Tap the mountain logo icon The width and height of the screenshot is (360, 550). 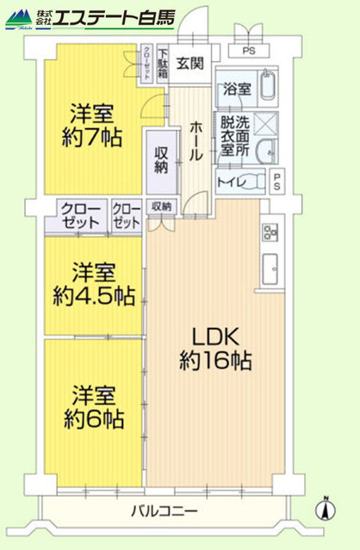[19, 17]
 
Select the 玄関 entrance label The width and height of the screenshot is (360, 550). [189, 64]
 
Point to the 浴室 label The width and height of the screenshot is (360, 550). [235, 89]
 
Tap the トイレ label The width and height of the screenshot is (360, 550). [229, 182]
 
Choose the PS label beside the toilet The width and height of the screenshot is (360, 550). [277, 182]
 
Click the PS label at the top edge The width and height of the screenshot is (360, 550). [250, 51]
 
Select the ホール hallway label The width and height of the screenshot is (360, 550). [196, 139]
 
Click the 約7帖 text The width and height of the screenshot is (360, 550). [90, 137]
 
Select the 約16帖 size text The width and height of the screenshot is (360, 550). [215, 361]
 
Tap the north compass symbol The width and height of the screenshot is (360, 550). [325, 509]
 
